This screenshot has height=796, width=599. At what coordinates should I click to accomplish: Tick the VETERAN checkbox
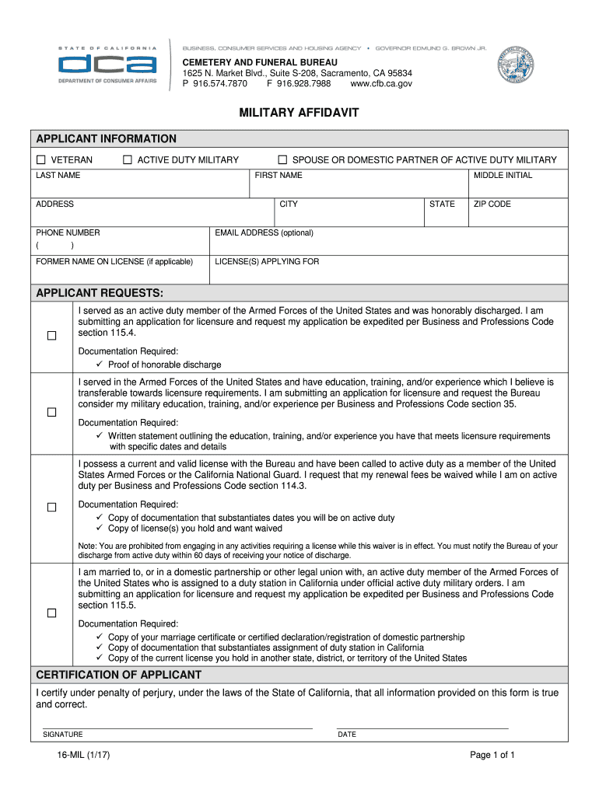(x=40, y=160)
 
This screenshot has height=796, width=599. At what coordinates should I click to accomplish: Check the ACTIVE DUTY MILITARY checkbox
(x=128, y=160)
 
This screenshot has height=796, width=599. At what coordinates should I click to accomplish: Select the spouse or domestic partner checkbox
(x=283, y=160)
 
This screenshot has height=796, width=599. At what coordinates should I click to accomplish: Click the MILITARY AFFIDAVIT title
(x=299, y=113)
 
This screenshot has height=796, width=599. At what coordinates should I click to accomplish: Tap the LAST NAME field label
(x=58, y=176)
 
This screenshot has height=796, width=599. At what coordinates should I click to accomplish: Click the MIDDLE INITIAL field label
(x=503, y=176)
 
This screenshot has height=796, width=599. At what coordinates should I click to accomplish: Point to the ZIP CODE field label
(x=493, y=204)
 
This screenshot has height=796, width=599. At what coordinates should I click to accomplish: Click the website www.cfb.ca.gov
(x=381, y=84)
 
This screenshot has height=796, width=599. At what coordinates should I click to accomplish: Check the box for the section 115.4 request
(x=51, y=336)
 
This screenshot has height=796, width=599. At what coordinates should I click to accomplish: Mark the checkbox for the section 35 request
(x=51, y=412)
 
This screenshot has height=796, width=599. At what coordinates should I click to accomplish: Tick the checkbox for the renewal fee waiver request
(x=51, y=508)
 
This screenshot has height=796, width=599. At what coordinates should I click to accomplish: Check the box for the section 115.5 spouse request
(x=51, y=613)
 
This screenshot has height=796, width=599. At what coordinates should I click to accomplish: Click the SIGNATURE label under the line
(x=63, y=735)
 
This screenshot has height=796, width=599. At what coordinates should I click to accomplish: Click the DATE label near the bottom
(x=347, y=735)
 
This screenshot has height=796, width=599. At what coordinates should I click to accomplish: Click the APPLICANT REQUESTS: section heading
(x=100, y=293)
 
